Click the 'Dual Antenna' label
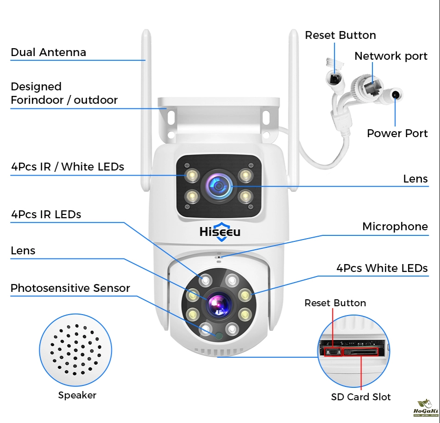pyautogui.click(x=48, y=52)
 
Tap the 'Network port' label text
pyautogui.click(x=391, y=56)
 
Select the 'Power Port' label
pyautogui.click(x=397, y=133)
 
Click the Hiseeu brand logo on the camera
pyautogui.click(x=220, y=232)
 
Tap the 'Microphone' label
pyautogui.click(x=395, y=227)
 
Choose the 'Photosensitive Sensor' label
pyautogui.click(x=70, y=288)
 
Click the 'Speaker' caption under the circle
pyautogui.click(x=77, y=395)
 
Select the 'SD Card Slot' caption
pyautogui.click(x=361, y=397)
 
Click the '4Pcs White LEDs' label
pyautogui.click(x=382, y=268)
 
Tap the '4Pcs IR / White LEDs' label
pyautogui.click(x=68, y=167)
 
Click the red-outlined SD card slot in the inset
pyautogui.click(x=360, y=352)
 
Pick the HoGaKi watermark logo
pyautogui.click(x=422, y=408)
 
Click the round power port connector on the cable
pyautogui.click(x=395, y=95)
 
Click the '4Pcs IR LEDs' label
pyautogui.click(x=46, y=215)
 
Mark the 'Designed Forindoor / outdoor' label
pyautogui.click(x=64, y=93)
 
